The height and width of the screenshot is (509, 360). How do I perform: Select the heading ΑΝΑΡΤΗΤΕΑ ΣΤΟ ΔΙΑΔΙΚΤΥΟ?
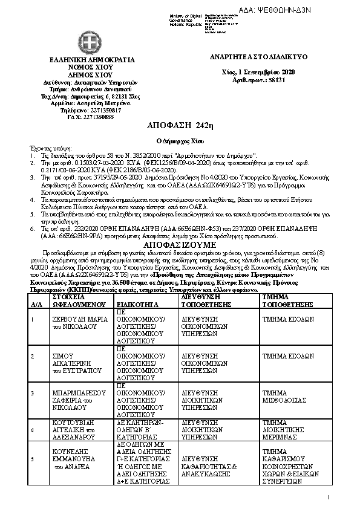259,56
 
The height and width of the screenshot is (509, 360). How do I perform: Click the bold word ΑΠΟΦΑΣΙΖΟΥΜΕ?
180,245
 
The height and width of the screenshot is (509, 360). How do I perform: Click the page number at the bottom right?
329,498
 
